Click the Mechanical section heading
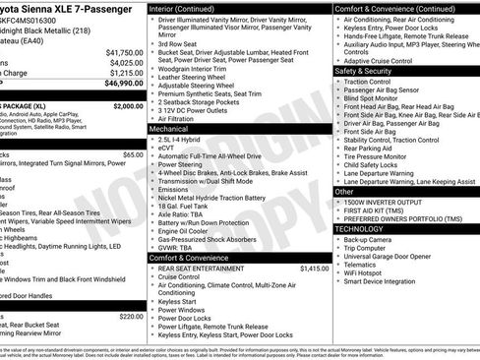tap(169, 129)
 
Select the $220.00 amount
tap(132, 316)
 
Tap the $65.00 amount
tap(133, 154)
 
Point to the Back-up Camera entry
tap(369, 239)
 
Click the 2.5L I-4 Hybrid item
tap(184, 140)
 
